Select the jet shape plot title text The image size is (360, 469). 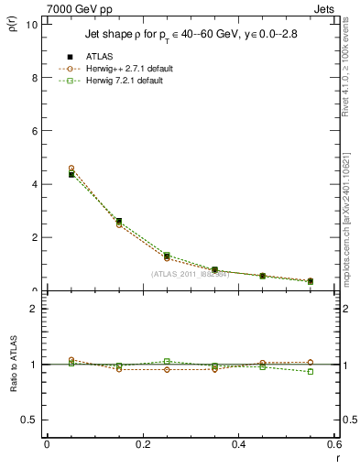pos(180,36)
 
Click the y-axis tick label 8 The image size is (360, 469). pos(34,78)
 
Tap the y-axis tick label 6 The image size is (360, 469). pos(34,131)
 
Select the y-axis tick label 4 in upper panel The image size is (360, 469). pos(34,184)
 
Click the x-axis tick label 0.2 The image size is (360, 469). pos(142,445)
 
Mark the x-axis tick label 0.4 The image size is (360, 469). pos(238,445)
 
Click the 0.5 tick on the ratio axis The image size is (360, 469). pos(30,420)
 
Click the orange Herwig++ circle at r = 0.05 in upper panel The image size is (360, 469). pos(71,169)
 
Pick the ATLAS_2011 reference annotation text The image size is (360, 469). pos(190,274)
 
